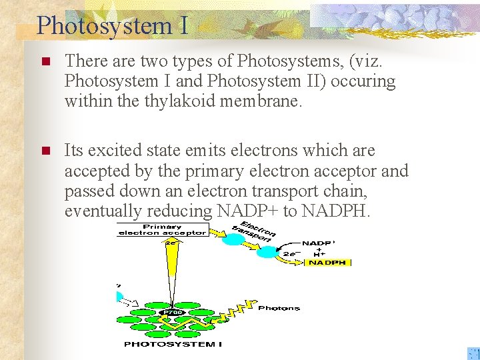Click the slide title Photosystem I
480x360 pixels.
[x=112, y=25]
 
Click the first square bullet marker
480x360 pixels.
[x=45, y=62]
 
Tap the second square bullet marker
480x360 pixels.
[x=45, y=151]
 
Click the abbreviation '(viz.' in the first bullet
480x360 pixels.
[x=365, y=61]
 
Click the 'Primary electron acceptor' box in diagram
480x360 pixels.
[x=162, y=230]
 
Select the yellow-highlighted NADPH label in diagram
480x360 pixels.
[x=327, y=263]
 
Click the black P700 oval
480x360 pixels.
[x=173, y=311]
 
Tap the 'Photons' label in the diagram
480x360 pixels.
[x=278, y=308]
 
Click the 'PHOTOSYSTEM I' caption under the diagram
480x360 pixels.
[x=173, y=344]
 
